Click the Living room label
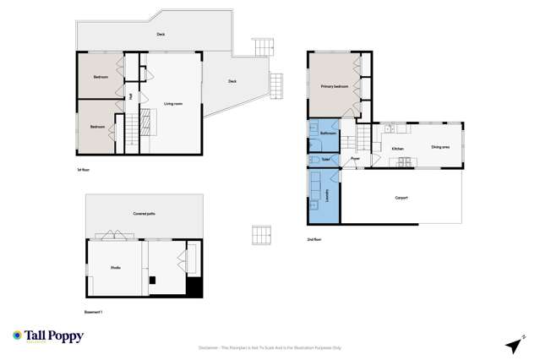tap(173, 104)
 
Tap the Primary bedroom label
tap(335, 86)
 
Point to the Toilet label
tap(326, 158)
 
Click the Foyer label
tap(356, 158)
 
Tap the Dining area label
tap(440, 147)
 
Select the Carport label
tap(401, 198)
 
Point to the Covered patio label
tap(144, 214)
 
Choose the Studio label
tap(115, 267)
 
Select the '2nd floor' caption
tap(315, 239)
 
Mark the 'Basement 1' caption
tap(93, 312)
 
